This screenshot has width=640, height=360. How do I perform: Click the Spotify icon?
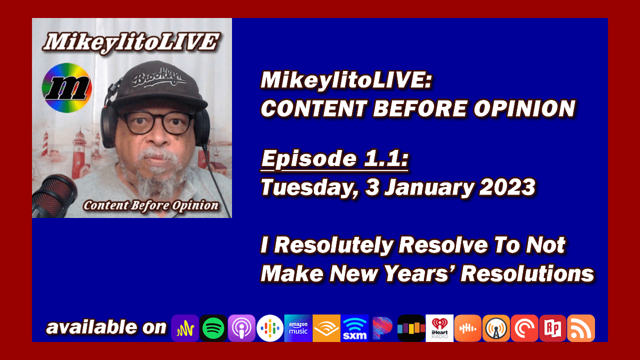(213, 328)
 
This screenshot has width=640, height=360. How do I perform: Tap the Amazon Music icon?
(298, 328)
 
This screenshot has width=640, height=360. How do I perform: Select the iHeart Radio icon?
(439, 328)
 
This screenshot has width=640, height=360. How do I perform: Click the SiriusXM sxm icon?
(354, 328)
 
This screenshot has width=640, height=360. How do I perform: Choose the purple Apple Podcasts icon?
(241, 328)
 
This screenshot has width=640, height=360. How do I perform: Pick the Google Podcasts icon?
(269, 328)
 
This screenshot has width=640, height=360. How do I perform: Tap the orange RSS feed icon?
(581, 328)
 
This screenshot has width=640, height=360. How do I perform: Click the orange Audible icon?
(326, 328)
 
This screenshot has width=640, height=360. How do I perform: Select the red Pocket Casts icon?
(524, 328)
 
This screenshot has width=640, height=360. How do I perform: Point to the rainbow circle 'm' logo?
(67, 87)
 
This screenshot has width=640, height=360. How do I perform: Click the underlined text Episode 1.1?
(334, 159)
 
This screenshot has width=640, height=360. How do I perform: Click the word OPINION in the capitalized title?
(524, 108)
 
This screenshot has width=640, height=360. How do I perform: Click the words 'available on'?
(106, 327)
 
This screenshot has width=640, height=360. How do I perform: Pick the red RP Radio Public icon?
(552, 328)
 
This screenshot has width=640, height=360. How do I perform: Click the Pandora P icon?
(383, 328)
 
